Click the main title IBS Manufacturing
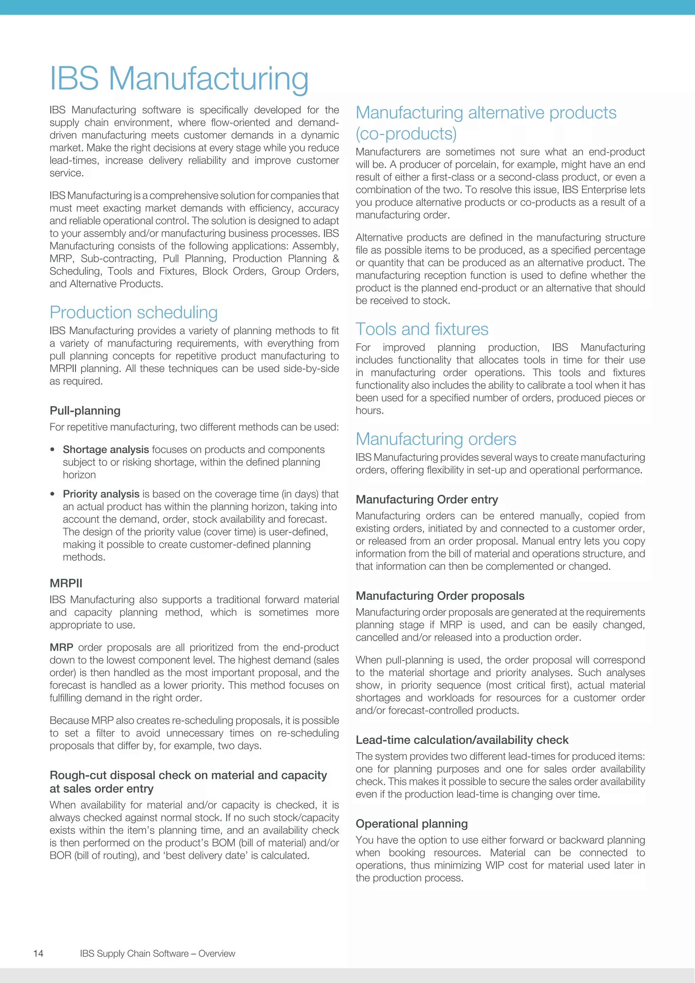click(179, 79)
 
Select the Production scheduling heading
click(133, 312)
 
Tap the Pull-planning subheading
click(85, 411)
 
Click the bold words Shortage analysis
click(106, 449)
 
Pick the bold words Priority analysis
click(101, 494)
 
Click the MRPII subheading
click(66, 583)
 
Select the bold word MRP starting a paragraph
click(61, 647)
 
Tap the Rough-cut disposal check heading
click(188, 782)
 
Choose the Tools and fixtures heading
click(421, 329)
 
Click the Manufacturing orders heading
click(436, 439)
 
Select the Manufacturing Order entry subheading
click(427, 500)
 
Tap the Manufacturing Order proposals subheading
click(440, 596)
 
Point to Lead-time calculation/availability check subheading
click(462, 740)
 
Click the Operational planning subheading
click(411, 824)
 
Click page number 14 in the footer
click(38, 953)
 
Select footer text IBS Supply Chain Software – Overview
click(157, 953)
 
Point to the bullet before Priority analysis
click(52, 495)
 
